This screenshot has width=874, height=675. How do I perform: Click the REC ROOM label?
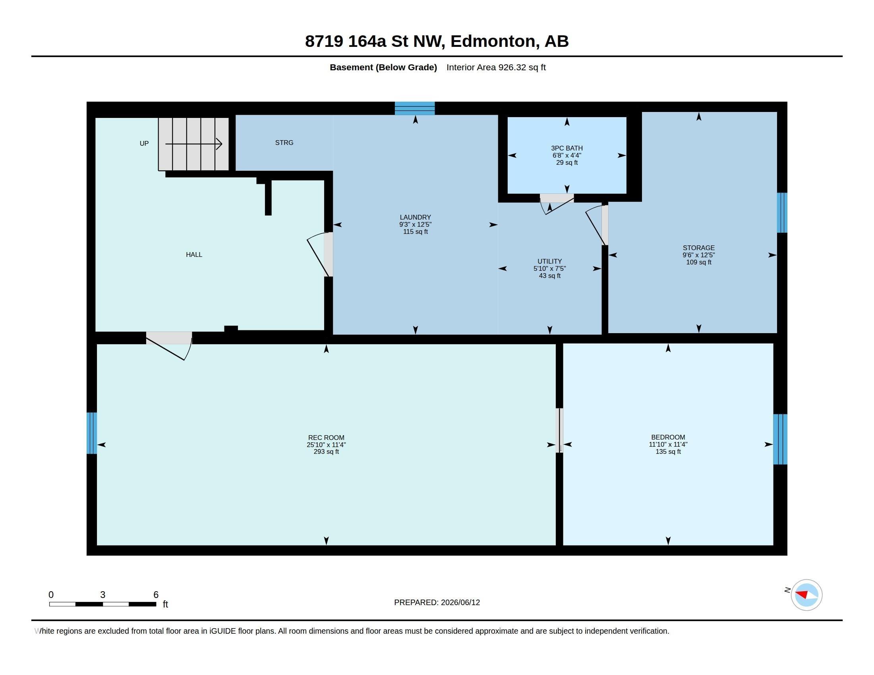[326, 438]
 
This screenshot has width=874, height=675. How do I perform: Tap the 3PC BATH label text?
[567, 148]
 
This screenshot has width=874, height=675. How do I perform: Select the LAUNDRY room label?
[416, 217]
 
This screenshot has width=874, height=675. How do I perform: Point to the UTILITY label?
[549, 261]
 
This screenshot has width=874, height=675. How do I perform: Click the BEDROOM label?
[668, 437]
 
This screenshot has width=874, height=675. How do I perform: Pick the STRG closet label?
[284, 143]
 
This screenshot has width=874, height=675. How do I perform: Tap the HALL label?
[194, 255]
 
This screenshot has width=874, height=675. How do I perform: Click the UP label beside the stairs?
[144, 143]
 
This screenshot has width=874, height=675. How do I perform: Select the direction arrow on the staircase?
[194, 144]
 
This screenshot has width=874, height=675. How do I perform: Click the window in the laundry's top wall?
[415, 108]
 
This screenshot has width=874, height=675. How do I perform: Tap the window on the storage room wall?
[782, 213]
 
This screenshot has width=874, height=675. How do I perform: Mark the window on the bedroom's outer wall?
[780, 439]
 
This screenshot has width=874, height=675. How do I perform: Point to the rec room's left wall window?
[92, 433]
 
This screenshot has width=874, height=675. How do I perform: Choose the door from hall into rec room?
[169, 345]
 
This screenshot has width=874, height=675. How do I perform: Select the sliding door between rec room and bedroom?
[561, 430]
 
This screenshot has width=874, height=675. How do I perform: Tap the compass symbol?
[806, 595]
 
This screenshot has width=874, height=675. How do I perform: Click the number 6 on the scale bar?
[156, 595]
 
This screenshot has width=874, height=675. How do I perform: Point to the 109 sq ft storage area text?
[699, 262]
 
